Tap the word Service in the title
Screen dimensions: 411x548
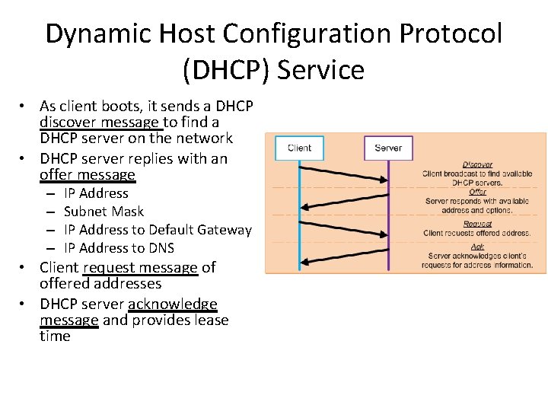pyautogui.click(x=320, y=70)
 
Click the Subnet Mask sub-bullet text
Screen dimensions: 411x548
pyautogui.click(x=104, y=212)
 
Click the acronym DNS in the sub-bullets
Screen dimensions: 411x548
pyautogui.click(x=161, y=248)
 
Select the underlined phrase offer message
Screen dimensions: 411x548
pyautogui.click(x=88, y=175)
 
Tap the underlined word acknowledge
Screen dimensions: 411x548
pyautogui.click(x=173, y=304)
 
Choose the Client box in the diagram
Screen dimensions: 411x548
pyautogui.click(x=299, y=148)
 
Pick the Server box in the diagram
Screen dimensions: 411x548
pyautogui.click(x=388, y=148)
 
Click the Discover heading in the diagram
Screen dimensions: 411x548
pyautogui.click(x=477, y=164)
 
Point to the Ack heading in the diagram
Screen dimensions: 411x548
pyautogui.click(x=477, y=247)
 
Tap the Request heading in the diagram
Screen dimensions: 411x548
pyautogui.click(x=477, y=224)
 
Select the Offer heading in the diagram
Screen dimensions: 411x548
pyautogui.click(x=477, y=192)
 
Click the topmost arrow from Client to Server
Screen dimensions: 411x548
pyautogui.click(x=344, y=172)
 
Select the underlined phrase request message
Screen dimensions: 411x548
pyautogui.click(x=141, y=267)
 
